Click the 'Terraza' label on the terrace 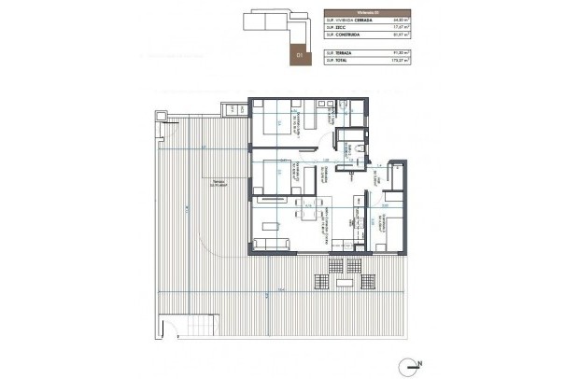(218, 181)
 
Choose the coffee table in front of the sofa (274, 225)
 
